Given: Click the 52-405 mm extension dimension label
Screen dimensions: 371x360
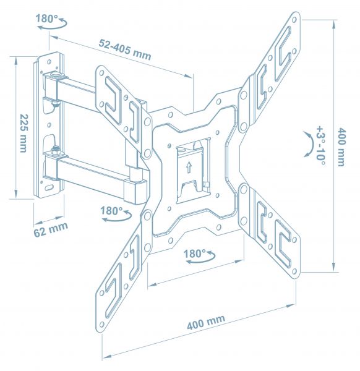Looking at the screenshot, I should (124, 49).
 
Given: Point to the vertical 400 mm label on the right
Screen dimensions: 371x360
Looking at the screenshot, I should (340, 147).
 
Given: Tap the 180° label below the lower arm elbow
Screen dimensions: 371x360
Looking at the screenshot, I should (111, 210).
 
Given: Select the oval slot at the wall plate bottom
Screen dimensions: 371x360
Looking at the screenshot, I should (49, 186).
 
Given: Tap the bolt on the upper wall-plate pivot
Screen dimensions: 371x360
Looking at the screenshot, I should (56, 77).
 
